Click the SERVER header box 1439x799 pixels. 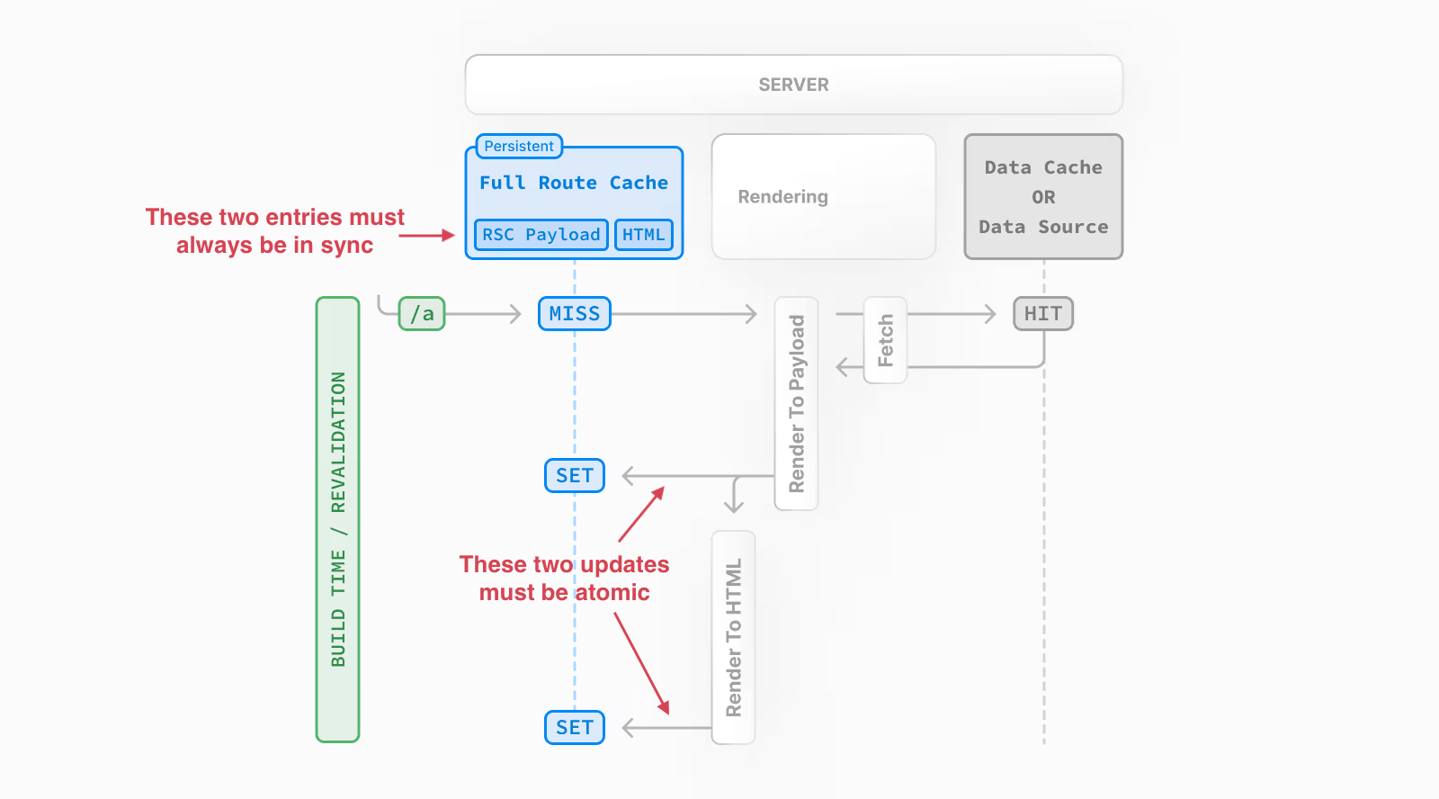coord(793,85)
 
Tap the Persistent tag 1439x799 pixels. coord(519,146)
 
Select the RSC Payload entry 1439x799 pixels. coord(541,235)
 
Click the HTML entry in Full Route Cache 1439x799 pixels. coord(643,235)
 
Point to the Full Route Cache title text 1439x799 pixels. coord(573,183)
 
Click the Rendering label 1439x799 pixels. coord(782,197)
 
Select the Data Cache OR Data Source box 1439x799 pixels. coord(1043,197)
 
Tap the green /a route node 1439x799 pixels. coord(422,314)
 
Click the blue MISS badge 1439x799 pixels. coord(574,314)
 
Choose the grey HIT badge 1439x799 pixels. coord(1042,314)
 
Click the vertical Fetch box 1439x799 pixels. coord(885,340)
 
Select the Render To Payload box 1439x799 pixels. coord(796,403)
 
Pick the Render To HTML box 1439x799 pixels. coord(733,637)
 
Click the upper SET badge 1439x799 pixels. coord(574,475)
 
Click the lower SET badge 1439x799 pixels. coord(574,727)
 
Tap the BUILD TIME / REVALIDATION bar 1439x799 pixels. coord(337,519)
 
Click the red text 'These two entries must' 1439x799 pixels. coord(274,218)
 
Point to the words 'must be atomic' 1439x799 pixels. coord(564,593)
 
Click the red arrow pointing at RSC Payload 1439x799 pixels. coord(426,236)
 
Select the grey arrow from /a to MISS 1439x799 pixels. coord(483,314)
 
